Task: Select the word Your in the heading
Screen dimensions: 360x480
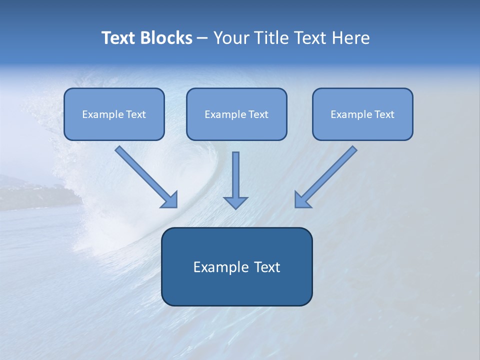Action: point(232,38)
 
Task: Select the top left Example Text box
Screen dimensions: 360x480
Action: point(114,114)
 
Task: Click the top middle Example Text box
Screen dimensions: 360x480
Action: point(236,114)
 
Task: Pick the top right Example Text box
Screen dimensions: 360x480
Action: point(362,114)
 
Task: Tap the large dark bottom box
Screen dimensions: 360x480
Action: point(236,266)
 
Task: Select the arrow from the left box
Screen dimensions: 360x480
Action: point(145,175)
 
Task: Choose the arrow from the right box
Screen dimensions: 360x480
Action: point(327,175)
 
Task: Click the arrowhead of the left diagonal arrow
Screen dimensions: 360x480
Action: point(170,199)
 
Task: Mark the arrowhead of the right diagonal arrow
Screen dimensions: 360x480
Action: point(302,199)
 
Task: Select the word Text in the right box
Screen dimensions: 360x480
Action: point(384,114)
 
